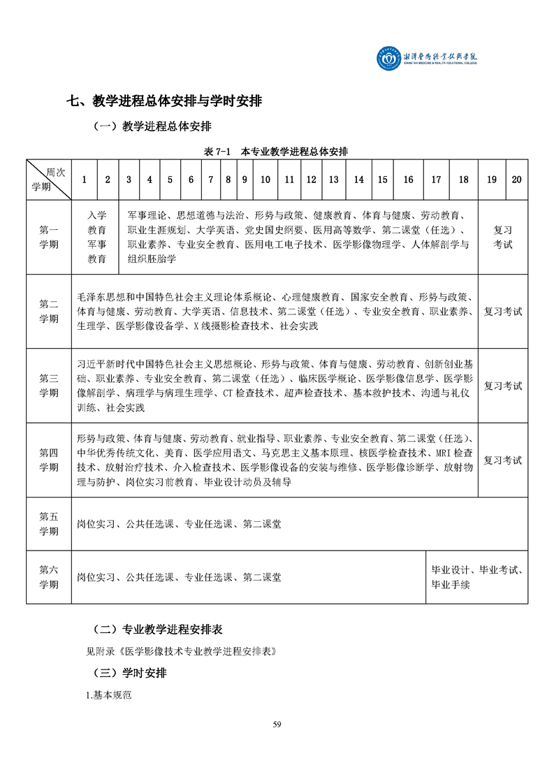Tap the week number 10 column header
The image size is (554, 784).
[x=265, y=180]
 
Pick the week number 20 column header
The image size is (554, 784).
[x=516, y=180]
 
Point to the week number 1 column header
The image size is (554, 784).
[x=85, y=180]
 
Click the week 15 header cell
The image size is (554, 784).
[x=383, y=180]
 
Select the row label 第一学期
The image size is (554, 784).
[x=49, y=238]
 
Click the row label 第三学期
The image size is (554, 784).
[x=49, y=386]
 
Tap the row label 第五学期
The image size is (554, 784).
[x=49, y=523]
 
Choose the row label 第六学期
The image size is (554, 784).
[x=49, y=577]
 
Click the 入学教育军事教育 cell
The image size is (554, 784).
[x=97, y=238]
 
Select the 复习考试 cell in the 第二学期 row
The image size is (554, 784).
[x=503, y=312]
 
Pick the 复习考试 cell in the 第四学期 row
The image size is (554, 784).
[x=503, y=460]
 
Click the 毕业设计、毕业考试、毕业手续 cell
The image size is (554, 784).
[x=477, y=577]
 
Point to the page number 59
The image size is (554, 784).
[x=277, y=724]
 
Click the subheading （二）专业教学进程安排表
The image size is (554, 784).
[x=158, y=629]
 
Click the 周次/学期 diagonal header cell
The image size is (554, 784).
[x=49, y=180]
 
